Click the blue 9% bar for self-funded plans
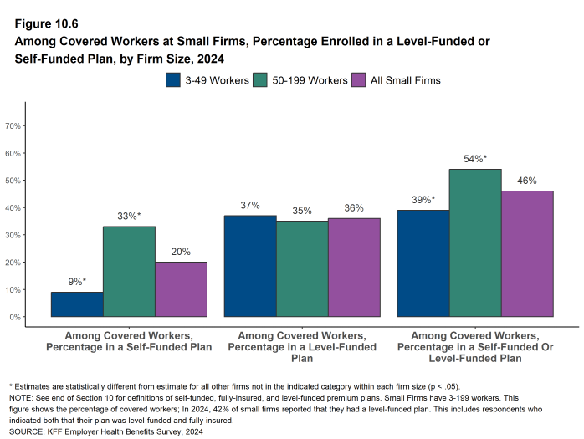[77, 304]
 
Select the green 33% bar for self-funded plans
[129, 272]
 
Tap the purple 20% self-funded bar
[181, 289]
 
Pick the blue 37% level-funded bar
[250, 266]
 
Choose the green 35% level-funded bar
[302, 268]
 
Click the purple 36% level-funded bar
[354, 268]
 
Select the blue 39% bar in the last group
[423, 263]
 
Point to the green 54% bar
[475, 242]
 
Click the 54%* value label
[475, 159]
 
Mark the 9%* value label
[77, 282]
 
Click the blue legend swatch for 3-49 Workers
[174, 80]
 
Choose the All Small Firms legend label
[406, 80]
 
